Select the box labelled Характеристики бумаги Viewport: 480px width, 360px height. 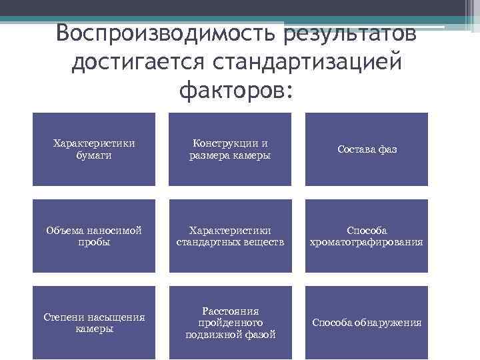point(94,149)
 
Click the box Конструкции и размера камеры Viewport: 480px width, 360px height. point(230,149)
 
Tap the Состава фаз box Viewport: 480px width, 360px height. point(367,149)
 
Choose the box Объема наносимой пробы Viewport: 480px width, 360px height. point(94,236)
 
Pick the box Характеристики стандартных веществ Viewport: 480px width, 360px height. point(230,236)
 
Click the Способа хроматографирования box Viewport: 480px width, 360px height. point(367,236)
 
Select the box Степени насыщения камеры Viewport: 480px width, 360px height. point(94,323)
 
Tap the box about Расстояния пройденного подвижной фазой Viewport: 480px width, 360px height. point(230,323)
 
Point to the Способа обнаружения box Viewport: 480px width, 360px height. point(367,323)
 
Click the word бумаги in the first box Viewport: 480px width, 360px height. point(94,155)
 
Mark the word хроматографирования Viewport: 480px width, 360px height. point(367,242)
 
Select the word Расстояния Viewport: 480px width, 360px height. point(231,311)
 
